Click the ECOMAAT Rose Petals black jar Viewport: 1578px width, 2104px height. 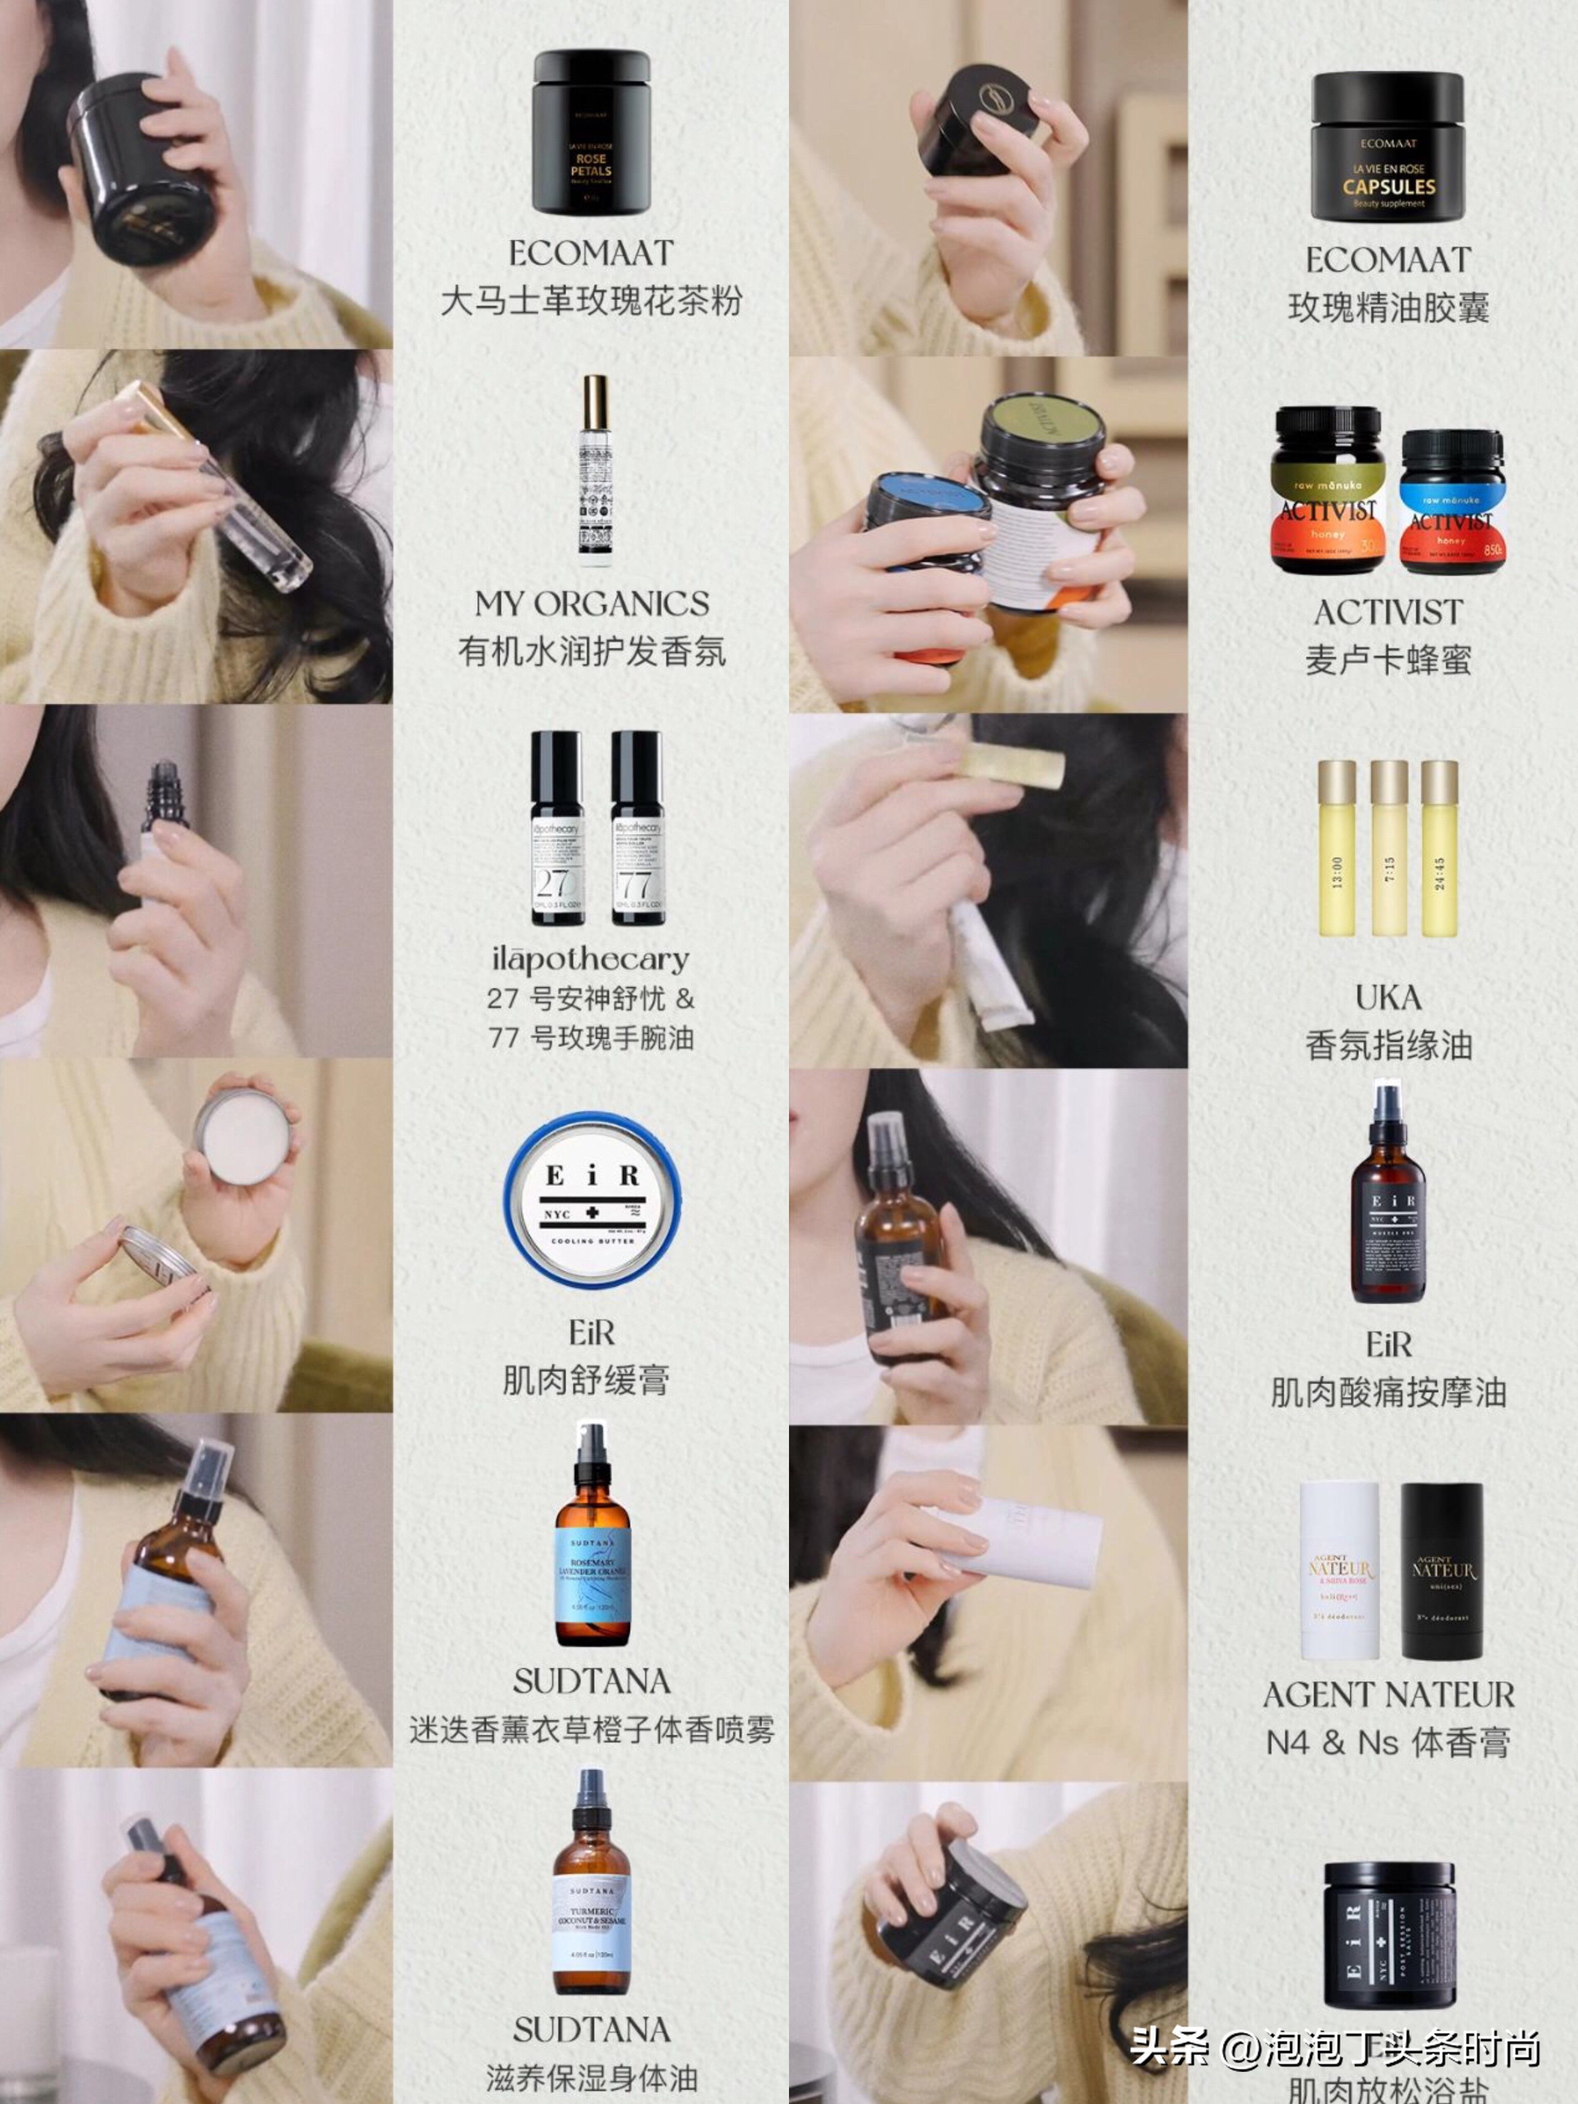[x=591, y=133]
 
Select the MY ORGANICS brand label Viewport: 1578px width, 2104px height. [x=591, y=604]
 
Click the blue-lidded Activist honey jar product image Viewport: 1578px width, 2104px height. [x=1451, y=502]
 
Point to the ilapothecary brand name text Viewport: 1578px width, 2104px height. [x=591, y=959]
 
